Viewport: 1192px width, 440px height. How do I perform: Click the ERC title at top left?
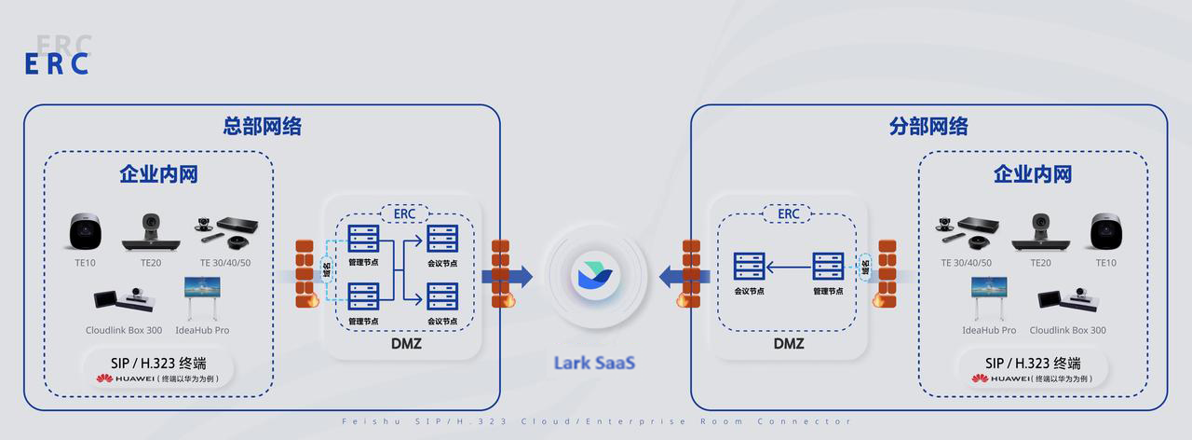click(57, 63)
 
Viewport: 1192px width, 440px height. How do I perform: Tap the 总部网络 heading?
click(262, 126)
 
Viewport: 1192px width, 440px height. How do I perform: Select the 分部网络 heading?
click(928, 126)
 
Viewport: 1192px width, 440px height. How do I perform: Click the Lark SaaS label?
click(595, 362)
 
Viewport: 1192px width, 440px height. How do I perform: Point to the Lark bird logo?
click(596, 276)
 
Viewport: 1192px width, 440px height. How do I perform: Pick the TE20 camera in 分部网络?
click(1039, 231)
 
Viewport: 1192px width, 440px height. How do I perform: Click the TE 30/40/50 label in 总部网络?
click(224, 263)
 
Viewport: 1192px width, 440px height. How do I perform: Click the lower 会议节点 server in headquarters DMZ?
click(441, 298)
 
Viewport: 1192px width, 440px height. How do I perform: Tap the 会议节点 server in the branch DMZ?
click(749, 268)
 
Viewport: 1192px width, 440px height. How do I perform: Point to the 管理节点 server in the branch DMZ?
click(827, 268)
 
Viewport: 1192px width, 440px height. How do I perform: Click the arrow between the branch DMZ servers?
click(788, 269)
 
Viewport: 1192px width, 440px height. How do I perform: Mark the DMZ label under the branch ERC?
click(788, 343)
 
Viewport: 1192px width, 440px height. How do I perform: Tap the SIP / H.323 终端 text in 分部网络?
click(1032, 363)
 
